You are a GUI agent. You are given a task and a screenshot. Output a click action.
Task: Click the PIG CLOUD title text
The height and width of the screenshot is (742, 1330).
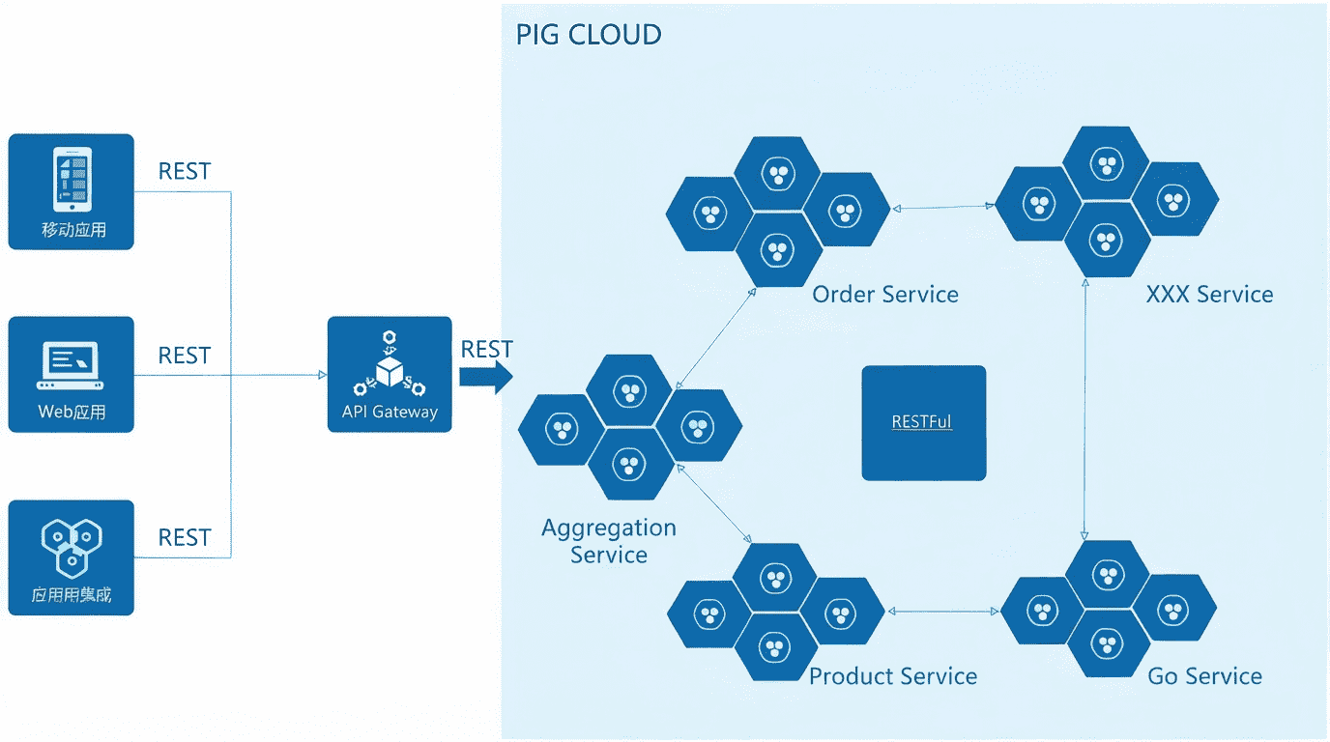[589, 35]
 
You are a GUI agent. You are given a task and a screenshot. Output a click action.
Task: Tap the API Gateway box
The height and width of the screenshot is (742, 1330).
[390, 374]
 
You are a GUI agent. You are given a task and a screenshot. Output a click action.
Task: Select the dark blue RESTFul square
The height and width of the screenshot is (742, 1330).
[923, 422]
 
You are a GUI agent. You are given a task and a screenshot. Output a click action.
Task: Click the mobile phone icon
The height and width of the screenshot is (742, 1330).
[72, 179]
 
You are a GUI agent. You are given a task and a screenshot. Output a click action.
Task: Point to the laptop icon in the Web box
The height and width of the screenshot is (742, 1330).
[71, 365]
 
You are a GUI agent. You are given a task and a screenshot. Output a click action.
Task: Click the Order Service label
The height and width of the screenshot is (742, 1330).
[885, 294]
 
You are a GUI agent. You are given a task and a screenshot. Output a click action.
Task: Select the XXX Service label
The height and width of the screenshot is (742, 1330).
[1209, 294]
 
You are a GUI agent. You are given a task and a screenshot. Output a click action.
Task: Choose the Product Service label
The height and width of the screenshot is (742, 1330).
[893, 675]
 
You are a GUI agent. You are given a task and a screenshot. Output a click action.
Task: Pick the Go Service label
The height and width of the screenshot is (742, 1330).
[1204, 675]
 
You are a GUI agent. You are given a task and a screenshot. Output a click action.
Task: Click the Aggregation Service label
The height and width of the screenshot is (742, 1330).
[609, 541]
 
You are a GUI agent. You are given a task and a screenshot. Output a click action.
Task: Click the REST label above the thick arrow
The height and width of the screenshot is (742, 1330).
[486, 349]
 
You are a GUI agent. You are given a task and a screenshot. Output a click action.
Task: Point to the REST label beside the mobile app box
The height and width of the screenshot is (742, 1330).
[184, 171]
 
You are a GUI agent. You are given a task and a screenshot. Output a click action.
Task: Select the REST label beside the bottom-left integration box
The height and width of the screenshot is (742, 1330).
[184, 537]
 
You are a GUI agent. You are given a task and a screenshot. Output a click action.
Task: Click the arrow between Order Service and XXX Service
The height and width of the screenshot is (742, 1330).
[943, 207]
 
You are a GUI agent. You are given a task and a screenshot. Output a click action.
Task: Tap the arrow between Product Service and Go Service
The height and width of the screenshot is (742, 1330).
[943, 612]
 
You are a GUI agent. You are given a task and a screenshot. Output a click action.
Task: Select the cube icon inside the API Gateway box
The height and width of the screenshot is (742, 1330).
[390, 368]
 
